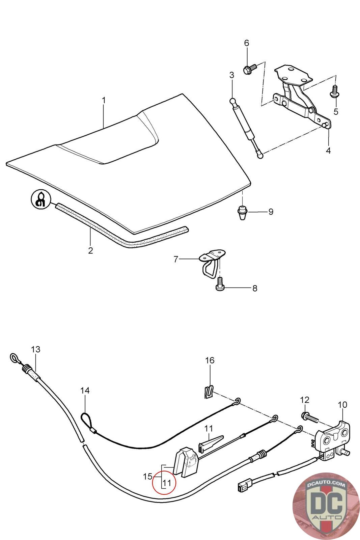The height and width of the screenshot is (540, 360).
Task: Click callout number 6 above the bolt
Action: (247, 43)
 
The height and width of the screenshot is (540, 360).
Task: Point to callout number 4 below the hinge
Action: (328, 151)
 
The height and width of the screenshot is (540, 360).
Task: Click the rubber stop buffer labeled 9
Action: (242, 212)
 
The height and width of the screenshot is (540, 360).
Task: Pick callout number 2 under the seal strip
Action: (90, 251)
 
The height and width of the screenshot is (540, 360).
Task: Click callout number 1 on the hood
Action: (104, 101)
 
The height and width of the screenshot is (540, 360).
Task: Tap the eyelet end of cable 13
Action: (14, 358)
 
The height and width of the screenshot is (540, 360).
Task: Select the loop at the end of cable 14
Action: (86, 421)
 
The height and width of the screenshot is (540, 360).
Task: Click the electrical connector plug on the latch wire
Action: (242, 487)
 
